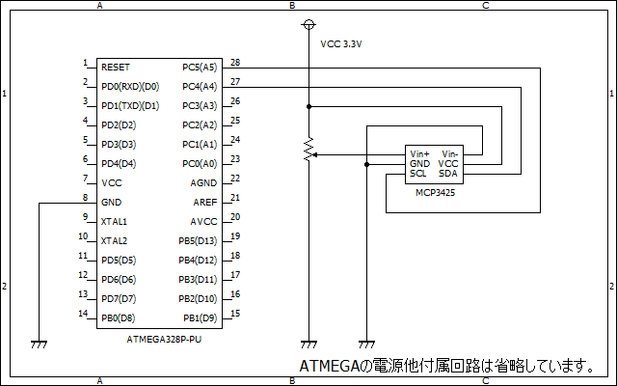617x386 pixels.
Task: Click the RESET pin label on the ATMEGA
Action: pos(116,68)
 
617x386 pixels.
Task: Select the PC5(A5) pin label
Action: pos(200,68)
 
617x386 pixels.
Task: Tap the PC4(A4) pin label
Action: pos(200,87)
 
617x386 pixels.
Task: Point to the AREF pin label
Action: pos(203,202)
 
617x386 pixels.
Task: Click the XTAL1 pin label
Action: pos(115,221)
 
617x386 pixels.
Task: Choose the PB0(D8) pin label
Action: pos(118,317)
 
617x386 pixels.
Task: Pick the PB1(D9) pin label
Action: pos(201,317)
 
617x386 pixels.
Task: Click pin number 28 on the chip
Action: pos(235,63)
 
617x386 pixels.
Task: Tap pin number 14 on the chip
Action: pos(84,314)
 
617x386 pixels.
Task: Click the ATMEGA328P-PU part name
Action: pos(164,340)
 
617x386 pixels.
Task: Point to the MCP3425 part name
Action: pos(435,193)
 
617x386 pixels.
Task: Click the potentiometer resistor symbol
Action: pos(308,151)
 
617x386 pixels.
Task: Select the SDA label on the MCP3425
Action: pos(447,174)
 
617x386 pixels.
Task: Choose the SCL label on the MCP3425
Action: pos(418,174)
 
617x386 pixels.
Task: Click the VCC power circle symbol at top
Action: pos(308,23)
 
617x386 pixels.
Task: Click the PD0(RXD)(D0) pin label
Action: pos(130,87)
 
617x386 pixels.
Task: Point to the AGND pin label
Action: pos(203,182)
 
